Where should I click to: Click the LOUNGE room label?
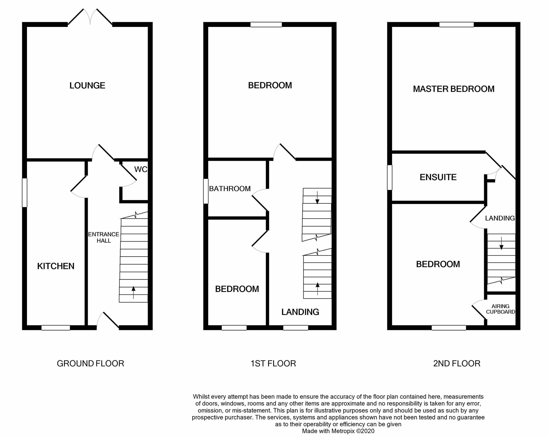point(87,85)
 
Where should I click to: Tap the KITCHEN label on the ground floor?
point(56,266)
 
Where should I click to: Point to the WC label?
point(141,169)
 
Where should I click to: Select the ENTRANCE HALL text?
point(104,237)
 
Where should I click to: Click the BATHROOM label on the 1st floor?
point(230,189)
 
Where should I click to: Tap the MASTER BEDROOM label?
point(454,89)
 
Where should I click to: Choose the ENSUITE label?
point(438,177)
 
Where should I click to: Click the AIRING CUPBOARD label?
point(500,309)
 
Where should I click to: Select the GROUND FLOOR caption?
point(90,363)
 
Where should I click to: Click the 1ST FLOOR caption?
point(273,363)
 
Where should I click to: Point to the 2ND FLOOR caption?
point(456,363)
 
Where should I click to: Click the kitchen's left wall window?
point(25,193)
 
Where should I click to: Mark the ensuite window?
point(390,177)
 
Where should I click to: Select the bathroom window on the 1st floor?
point(206,191)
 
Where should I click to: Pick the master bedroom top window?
point(456,25)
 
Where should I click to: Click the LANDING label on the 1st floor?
point(300,312)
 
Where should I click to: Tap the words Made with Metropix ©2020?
point(338,431)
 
